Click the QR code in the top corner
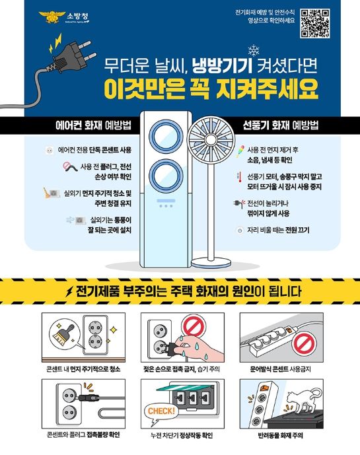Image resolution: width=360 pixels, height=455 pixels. click(314, 23)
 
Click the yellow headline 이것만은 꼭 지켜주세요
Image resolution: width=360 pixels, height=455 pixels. click(211, 88)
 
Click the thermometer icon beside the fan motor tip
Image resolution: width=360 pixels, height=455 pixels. click(238, 177)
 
